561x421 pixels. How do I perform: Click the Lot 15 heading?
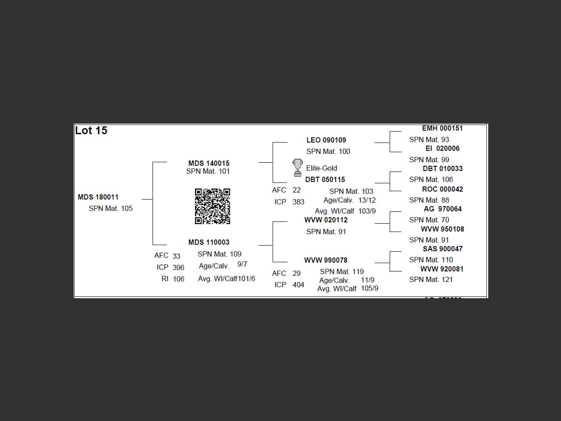click(x=91, y=131)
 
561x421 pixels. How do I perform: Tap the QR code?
click(x=213, y=206)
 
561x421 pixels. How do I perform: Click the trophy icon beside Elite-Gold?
click(x=298, y=168)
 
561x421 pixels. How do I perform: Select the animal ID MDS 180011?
click(x=98, y=197)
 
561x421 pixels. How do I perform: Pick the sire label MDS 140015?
click(x=209, y=163)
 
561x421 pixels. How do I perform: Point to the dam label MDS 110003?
click(x=209, y=242)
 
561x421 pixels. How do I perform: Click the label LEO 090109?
click(x=326, y=140)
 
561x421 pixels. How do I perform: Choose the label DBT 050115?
click(x=325, y=180)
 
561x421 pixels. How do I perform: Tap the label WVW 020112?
click(x=326, y=220)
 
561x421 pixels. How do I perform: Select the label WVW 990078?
click(x=326, y=260)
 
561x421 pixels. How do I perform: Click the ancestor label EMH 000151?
click(x=442, y=128)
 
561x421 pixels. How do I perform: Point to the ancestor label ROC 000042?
click(x=442, y=189)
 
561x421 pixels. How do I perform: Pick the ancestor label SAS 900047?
click(x=443, y=249)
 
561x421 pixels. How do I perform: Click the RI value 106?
click(x=178, y=279)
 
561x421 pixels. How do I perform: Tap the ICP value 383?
click(x=298, y=202)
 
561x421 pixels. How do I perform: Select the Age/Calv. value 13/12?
click(x=367, y=200)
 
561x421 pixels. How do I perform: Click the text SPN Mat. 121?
click(x=431, y=280)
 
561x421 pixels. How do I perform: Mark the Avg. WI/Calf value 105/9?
click(x=369, y=289)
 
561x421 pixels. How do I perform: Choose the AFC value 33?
click(x=176, y=256)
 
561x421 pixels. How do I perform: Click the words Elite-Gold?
click(x=322, y=168)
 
